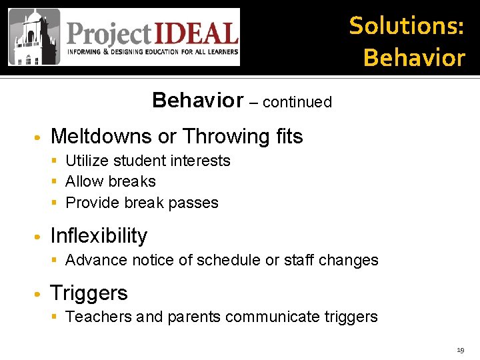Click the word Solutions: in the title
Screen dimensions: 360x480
coord(407,25)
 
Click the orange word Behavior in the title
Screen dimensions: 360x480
coord(414,58)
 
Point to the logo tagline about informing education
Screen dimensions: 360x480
coord(151,52)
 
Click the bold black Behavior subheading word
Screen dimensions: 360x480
coord(198,100)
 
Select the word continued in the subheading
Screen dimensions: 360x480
coord(297,102)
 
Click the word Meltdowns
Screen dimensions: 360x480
coord(101,137)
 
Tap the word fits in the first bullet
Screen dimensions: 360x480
coord(289,137)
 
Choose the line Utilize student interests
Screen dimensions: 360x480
coord(147,161)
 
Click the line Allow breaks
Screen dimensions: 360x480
coord(110,181)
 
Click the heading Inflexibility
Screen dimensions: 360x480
coord(99,236)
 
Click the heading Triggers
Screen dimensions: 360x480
coord(89,293)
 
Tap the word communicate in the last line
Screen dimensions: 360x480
coord(271,317)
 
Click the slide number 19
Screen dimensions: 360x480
coord(460,350)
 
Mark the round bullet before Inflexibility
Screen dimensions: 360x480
coord(39,237)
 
